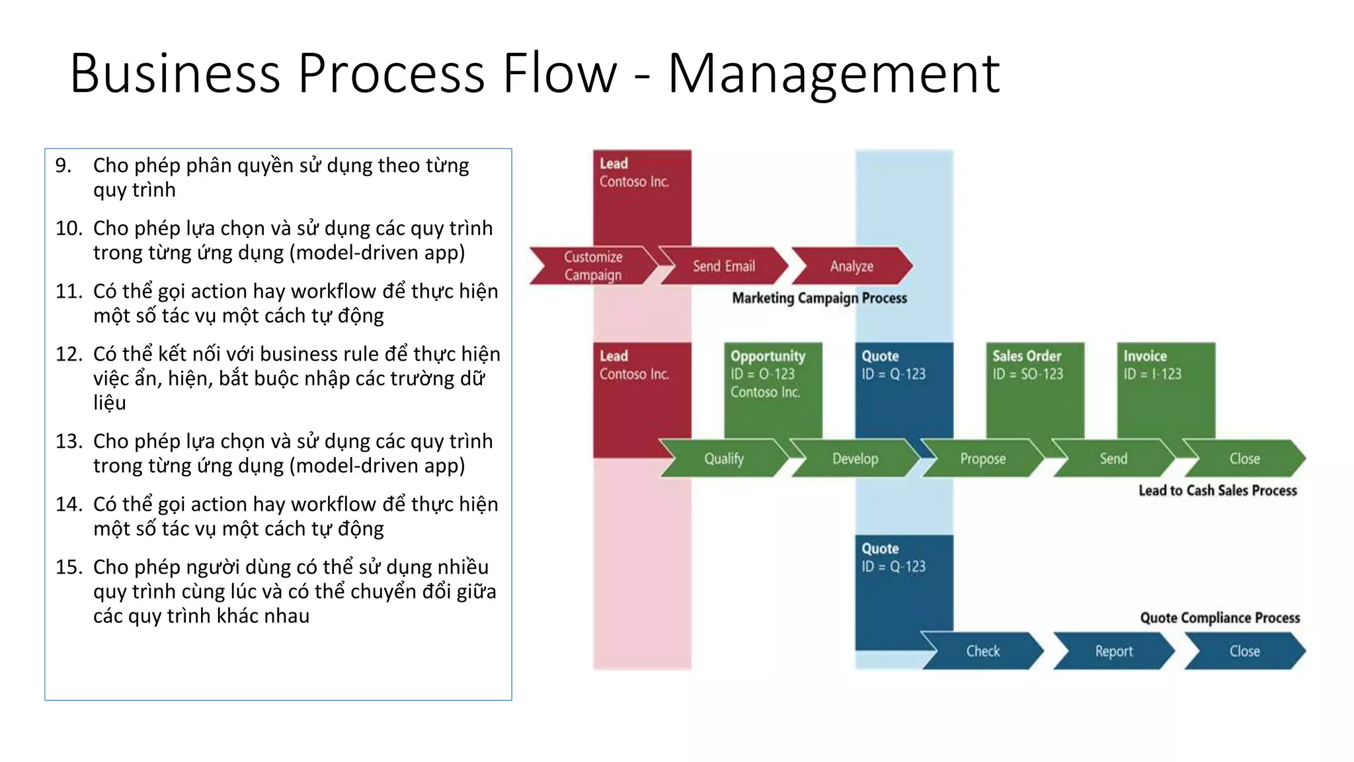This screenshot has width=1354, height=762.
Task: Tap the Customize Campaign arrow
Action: (592, 266)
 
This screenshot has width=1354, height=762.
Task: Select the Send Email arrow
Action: (723, 266)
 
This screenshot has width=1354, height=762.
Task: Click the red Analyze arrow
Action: (852, 266)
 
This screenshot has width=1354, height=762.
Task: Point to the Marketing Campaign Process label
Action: (819, 298)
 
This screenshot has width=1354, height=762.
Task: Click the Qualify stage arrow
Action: (723, 458)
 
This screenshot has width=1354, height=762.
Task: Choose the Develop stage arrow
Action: (855, 458)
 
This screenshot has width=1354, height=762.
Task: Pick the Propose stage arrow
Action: (982, 458)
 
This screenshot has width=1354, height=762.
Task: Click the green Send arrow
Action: (1113, 458)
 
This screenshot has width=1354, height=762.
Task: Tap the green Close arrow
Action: (1244, 458)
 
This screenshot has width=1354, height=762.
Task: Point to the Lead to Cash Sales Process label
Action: (1217, 491)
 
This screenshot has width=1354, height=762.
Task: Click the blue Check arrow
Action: (982, 651)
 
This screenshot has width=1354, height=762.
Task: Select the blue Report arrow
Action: (1113, 651)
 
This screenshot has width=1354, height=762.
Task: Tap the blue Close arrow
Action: (1244, 651)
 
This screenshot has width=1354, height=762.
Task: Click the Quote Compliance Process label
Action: (1220, 618)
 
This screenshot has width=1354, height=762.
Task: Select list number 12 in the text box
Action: (69, 355)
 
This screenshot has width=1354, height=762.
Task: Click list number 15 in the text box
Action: (69, 568)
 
